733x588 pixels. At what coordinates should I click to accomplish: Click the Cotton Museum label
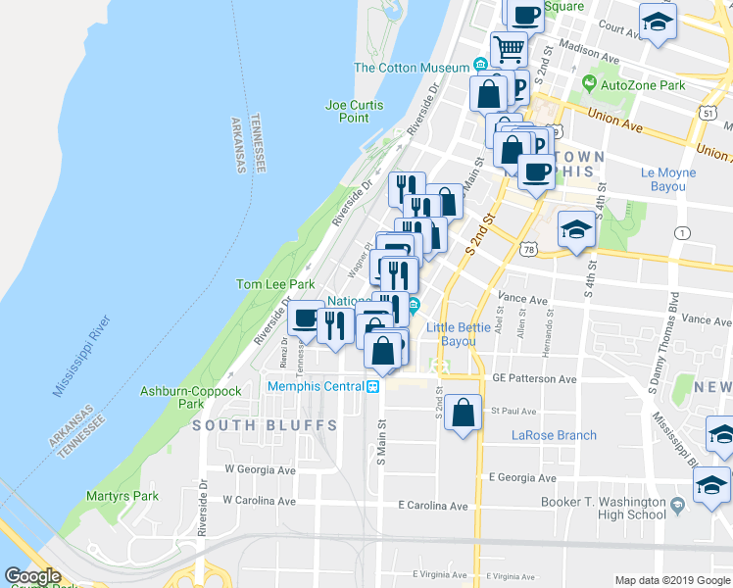click(x=411, y=68)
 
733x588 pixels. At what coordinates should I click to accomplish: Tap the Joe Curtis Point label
click(x=354, y=111)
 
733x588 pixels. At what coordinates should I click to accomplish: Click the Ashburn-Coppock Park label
click(x=191, y=397)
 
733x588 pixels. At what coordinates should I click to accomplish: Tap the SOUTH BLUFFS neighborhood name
click(x=265, y=425)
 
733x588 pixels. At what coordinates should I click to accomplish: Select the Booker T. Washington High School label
click(x=604, y=509)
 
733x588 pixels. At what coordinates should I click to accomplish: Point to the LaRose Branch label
click(x=554, y=435)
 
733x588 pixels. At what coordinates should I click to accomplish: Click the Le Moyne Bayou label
click(x=668, y=179)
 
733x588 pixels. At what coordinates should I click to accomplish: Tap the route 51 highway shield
click(x=708, y=113)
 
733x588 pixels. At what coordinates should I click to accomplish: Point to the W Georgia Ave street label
click(x=260, y=470)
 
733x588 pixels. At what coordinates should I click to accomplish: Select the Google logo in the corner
click(x=34, y=576)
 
